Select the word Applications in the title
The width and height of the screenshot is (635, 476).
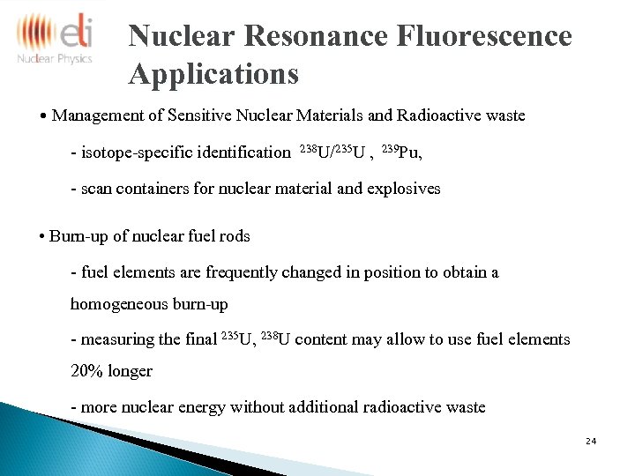tap(213, 74)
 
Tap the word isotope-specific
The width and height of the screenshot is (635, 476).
tap(138, 152)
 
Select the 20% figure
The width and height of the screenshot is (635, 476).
tap(86, 371)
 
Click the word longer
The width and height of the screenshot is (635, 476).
tap(130, 371)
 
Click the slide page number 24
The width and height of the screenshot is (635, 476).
tap(591, 440)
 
